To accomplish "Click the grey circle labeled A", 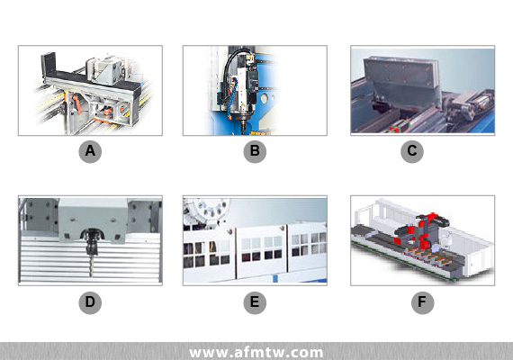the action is coord(90,151).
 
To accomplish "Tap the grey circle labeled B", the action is coord(255,151).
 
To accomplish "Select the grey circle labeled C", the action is coord(412,151).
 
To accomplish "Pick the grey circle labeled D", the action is coord(90,302).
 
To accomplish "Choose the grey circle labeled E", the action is coord(255,302).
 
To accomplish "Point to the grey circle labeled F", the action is coord(422,302).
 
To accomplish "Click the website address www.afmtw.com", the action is coord(256,353).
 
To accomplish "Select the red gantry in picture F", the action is coord(422,230).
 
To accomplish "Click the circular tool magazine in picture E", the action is coord(206,211).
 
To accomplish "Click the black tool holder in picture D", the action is coord(92,241).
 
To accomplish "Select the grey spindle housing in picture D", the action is coord(93,220).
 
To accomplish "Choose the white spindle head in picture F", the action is coord(445,240).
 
